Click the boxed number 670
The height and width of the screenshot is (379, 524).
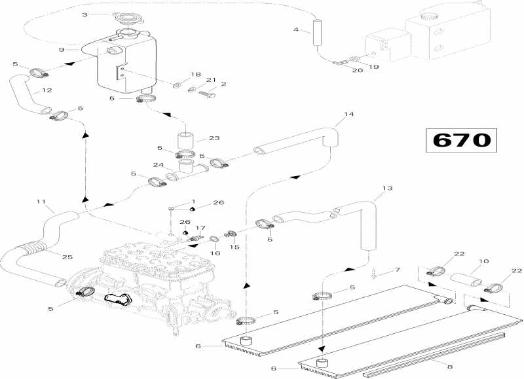(462, 140)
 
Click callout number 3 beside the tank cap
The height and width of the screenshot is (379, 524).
(85, 14)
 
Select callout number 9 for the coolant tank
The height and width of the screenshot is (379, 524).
(61, 50)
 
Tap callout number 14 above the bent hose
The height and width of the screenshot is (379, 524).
(348, 114)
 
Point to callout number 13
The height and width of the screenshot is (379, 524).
(387, 189)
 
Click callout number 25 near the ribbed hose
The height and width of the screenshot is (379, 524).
(67, 257)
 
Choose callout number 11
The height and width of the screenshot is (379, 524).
(41, 202)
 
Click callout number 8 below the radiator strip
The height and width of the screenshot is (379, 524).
(450, 367)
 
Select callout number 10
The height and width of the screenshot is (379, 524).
(483, 261)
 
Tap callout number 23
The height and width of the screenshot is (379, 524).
(214, 138)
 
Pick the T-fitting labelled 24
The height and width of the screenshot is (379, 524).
(187, 168)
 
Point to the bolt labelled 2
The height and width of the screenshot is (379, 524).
(207, 94)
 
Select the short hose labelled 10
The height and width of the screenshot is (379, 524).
(466, 279)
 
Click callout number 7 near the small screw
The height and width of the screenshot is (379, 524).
(398, 270)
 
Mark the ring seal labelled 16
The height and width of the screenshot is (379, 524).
(214, 239)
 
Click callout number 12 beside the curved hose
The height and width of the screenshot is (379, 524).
(47, 90)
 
